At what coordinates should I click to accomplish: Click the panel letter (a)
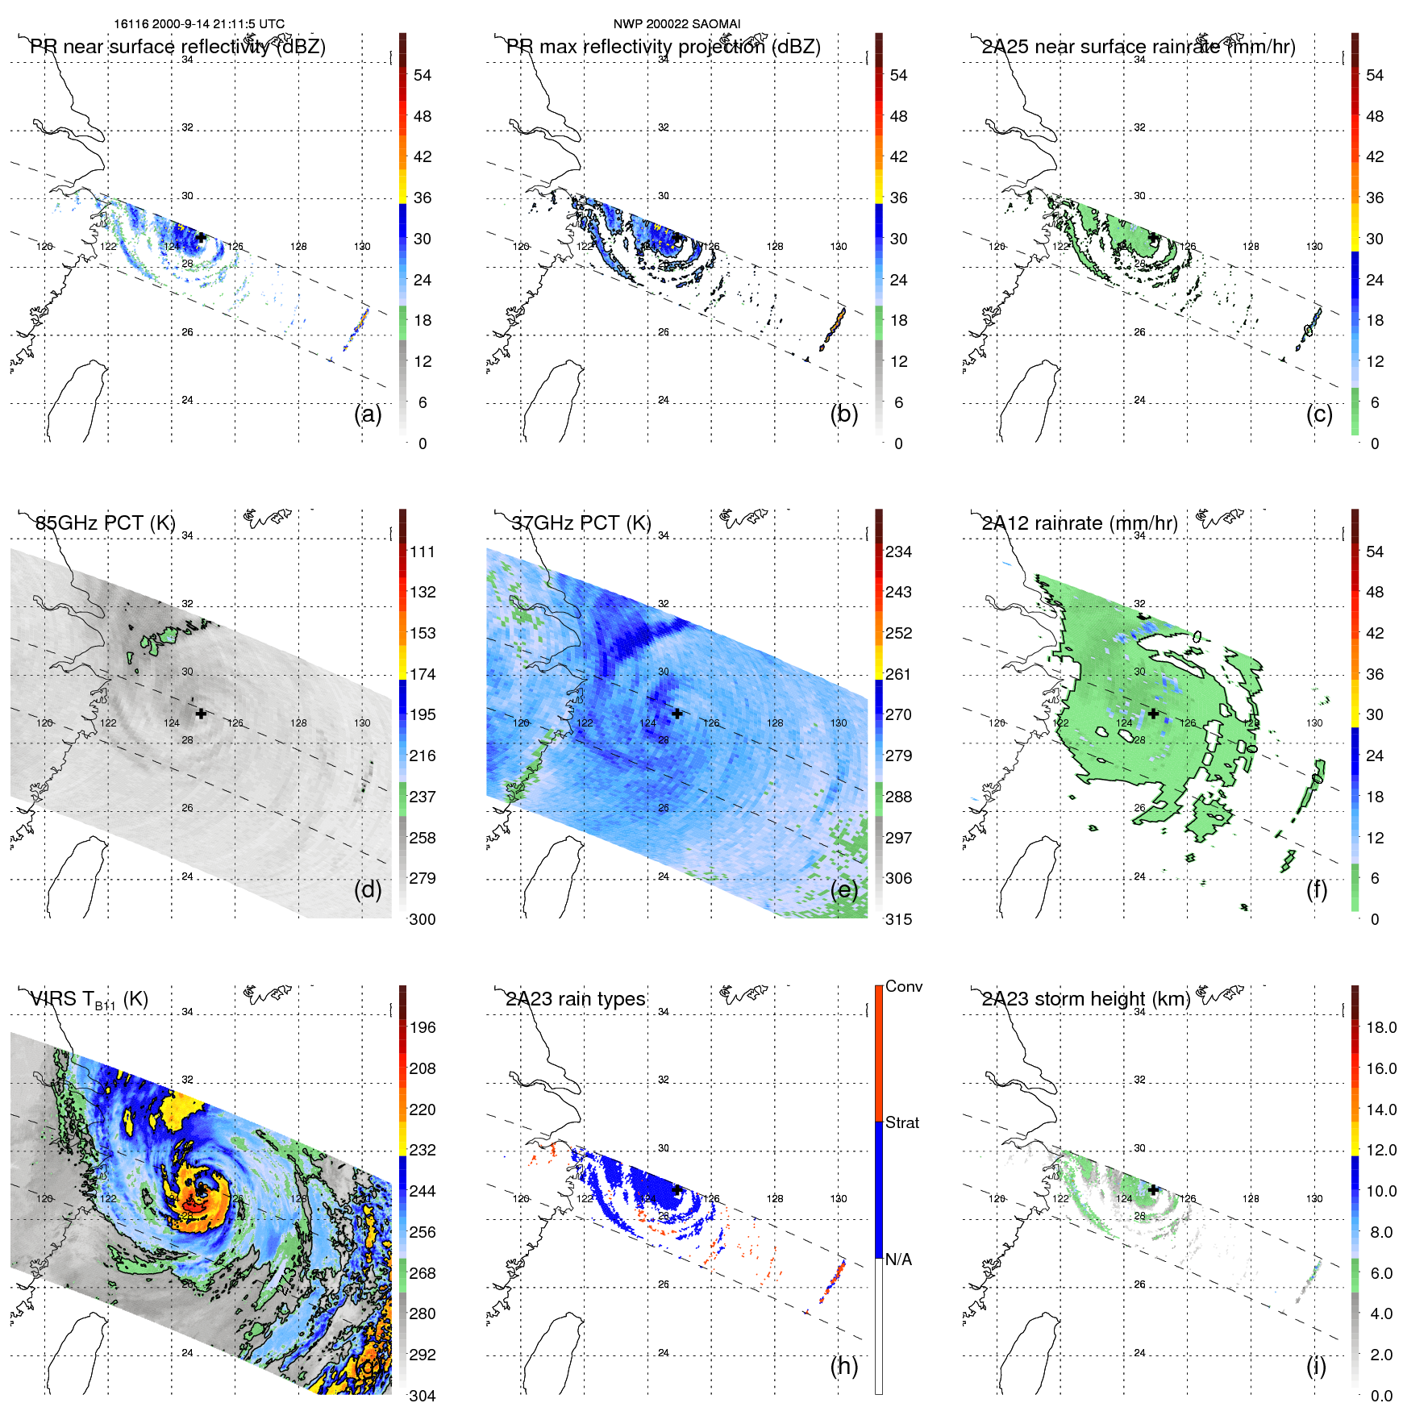coord(368,414)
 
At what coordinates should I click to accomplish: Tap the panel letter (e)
coord(843,890)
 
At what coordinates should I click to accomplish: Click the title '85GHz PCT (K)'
coord(106,522)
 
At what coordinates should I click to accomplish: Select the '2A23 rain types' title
coord(575,999)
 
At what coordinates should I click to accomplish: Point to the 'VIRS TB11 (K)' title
coord(89,1000)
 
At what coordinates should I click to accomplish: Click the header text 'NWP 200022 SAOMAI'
coord(677,24)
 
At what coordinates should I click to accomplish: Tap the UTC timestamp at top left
coord(199,24)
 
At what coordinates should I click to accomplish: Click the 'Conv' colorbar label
coord(903,987)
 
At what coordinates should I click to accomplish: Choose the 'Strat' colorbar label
coord(901,1123)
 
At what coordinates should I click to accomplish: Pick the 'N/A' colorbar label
coord(897,1259)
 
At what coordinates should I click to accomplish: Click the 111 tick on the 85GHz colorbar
coord(423,552)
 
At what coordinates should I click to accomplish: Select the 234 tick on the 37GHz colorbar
coord(898,552)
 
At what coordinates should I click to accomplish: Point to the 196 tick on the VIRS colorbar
coord(423,1028)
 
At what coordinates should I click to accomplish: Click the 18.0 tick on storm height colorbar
coord(1380,1028)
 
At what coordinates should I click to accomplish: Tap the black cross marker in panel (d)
coord(201,714)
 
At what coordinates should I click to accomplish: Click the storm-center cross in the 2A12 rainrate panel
coord(1153,714)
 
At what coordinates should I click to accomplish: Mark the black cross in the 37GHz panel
coord(677,714)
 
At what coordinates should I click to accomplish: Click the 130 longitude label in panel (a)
coord(362,247)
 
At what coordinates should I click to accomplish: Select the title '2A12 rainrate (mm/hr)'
coord(1079,523)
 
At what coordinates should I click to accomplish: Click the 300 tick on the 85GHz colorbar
coord(423,919)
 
